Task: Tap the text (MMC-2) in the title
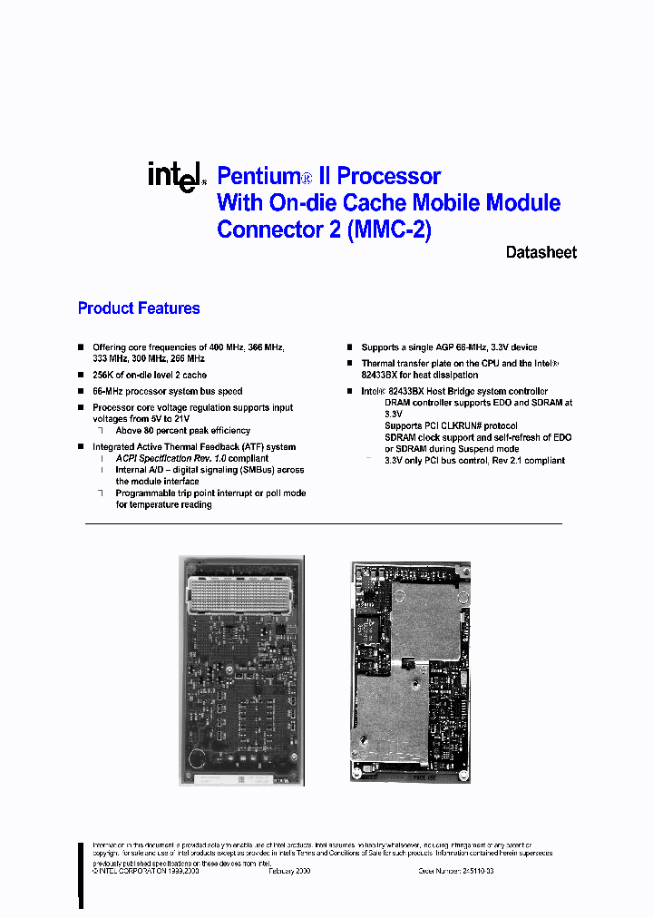(388, 229)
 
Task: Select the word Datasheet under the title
(541, 253)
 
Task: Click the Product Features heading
(139, 308)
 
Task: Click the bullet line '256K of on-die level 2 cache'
(150, 375)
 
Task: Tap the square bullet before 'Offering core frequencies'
(81, 347)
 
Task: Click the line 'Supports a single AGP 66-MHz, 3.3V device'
(449, 347)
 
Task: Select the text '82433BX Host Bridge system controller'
(467, 391)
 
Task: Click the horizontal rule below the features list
(323, 523)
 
